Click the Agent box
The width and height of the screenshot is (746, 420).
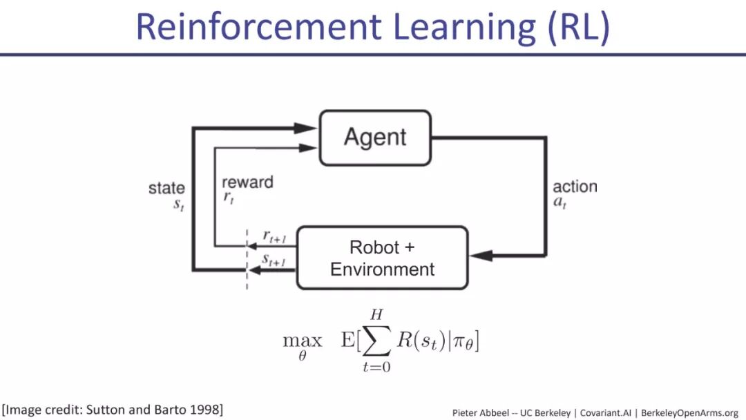pos(375,137)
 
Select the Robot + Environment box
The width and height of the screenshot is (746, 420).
pos(382,258)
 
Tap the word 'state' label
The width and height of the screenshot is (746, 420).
pos(166,188)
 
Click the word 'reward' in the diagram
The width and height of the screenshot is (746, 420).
pos(247,182)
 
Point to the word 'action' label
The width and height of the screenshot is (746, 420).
pos(575,187)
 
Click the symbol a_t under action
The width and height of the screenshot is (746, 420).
pos(559,204)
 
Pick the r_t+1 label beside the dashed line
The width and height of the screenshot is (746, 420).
pos(274,237)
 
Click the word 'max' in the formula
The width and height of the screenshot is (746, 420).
pos(303,341)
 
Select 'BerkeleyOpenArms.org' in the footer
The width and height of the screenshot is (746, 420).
pos(689,412)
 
